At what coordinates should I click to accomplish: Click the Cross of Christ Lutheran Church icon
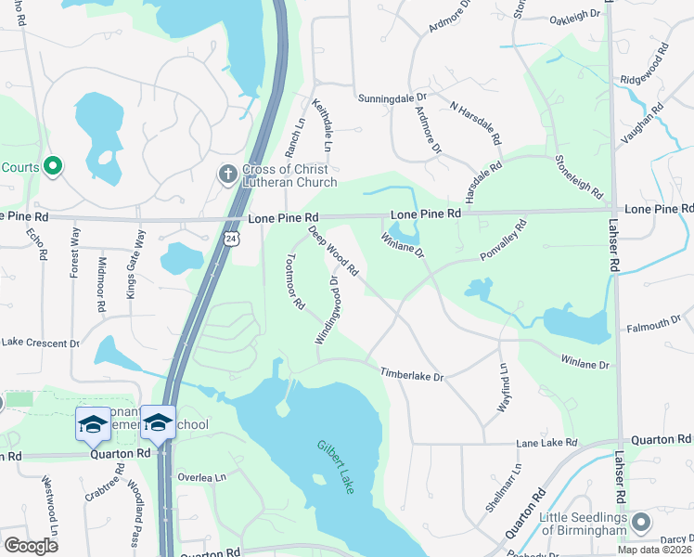point(226,174)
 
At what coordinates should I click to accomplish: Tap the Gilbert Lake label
point(335,466)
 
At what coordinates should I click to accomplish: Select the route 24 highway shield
point(230,240)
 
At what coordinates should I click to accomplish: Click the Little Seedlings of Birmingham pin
point(639,525)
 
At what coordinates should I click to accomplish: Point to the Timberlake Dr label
point(412,374)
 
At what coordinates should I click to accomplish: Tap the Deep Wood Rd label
point(333,252)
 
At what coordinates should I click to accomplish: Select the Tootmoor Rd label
point(296,281)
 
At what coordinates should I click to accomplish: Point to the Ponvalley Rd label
point(503,240)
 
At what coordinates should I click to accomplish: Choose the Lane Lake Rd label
point(546,444)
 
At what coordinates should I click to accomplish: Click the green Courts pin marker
point(53,167)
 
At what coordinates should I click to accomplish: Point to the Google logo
point(31,546)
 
